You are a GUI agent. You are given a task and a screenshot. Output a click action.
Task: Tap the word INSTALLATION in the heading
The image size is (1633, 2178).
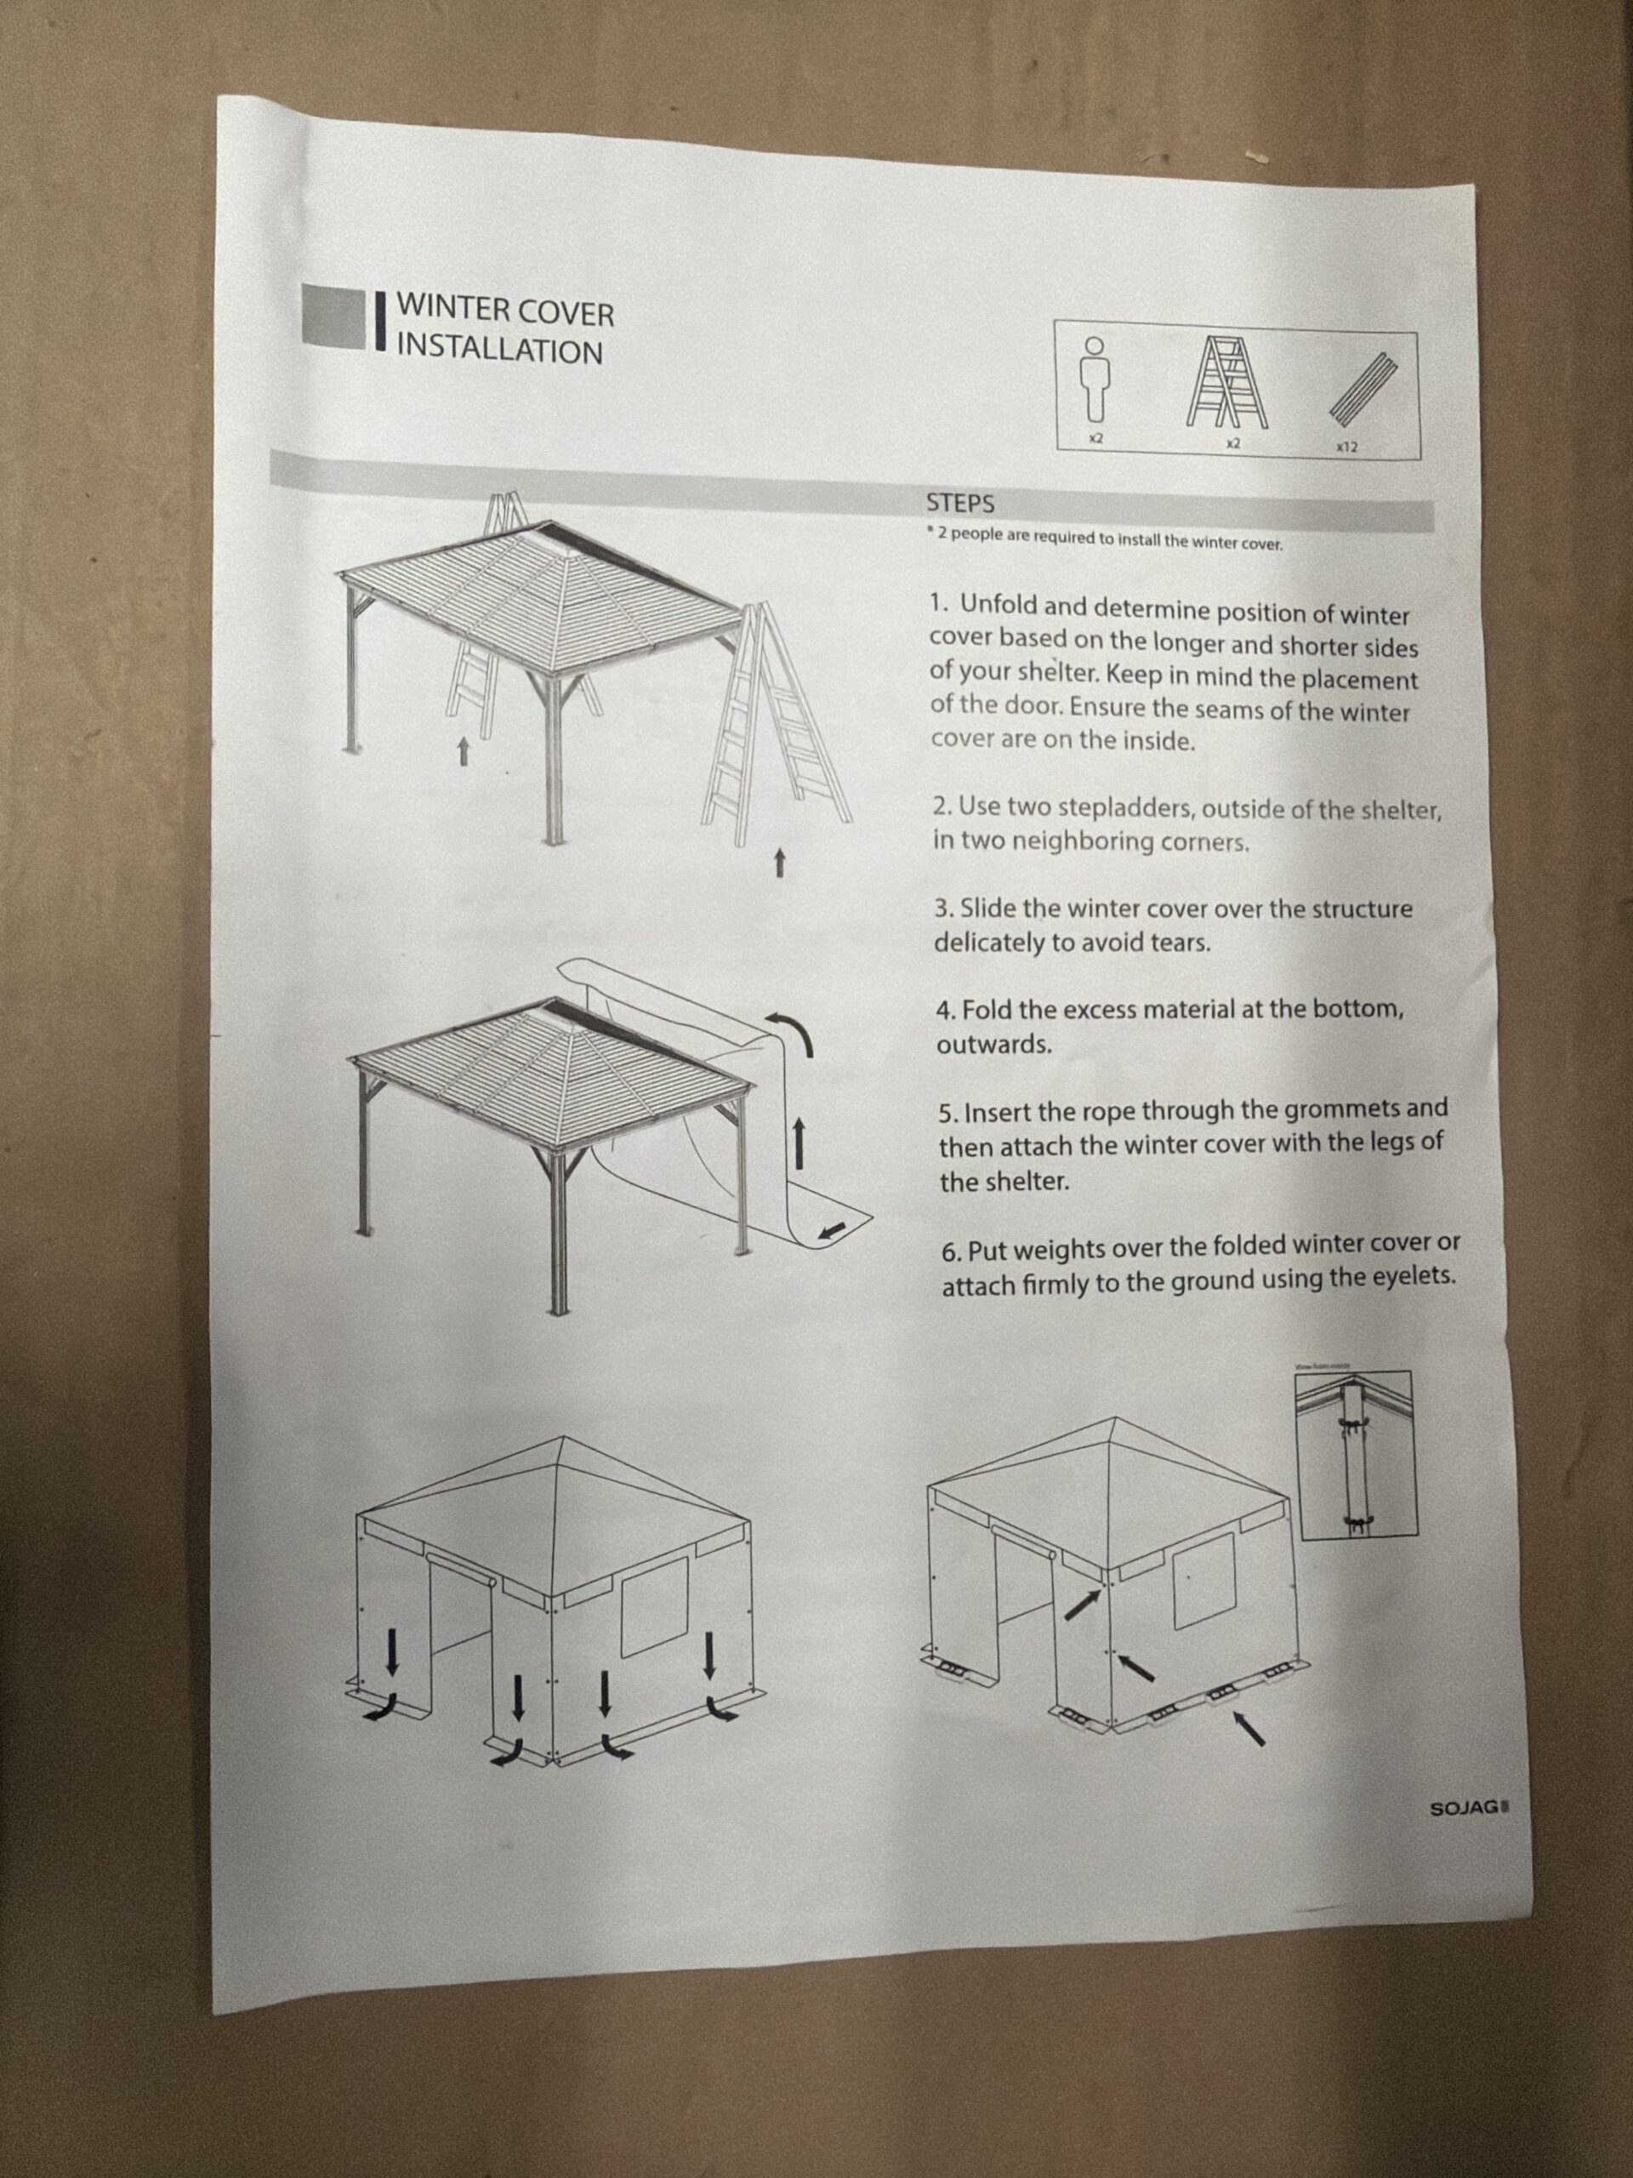point(499,351)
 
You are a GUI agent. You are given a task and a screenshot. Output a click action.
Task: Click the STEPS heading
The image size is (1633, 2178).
point(959,503)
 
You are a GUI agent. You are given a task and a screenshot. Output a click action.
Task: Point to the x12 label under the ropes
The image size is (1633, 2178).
point(1346,447)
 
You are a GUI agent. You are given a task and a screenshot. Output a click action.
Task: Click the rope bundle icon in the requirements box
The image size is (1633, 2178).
point(1364,387)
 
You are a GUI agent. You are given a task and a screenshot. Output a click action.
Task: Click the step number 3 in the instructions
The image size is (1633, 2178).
point(941,908)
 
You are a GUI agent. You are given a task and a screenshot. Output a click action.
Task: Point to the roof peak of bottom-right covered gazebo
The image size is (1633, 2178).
point(1113,1420)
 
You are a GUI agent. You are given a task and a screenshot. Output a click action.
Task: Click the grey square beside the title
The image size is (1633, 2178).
point(333,317)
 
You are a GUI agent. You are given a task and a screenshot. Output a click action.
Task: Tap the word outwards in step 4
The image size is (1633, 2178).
point(994,1045)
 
